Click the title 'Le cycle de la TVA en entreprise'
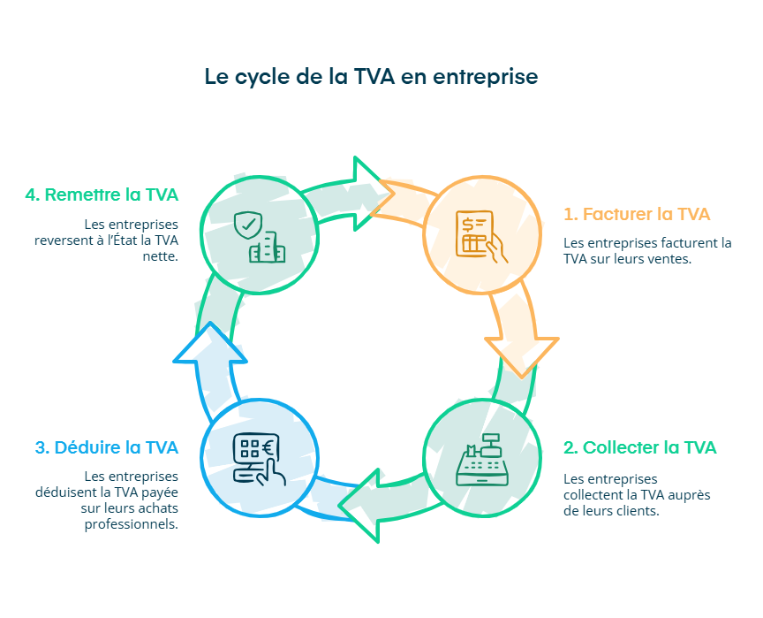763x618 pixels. pyautogui.click(x=371, y=77)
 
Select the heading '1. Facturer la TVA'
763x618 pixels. pyautogui.click(x=636, y=214)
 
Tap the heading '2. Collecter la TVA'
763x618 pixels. pyautogui.click(x=639, y=447)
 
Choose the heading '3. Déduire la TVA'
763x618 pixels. pyautogui.click(x=106, y=447)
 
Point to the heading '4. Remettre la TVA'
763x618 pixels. pyautogui.click(x=102, y=195)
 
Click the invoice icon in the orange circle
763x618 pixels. pyautogui.click(x=481, y=236)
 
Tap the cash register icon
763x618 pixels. pyautogui.click(x=481, y=460)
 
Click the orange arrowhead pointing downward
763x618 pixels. pyautogui.click(x=522, y=354)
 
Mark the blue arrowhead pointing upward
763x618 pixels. pyautogui.click(x=209, y=345)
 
